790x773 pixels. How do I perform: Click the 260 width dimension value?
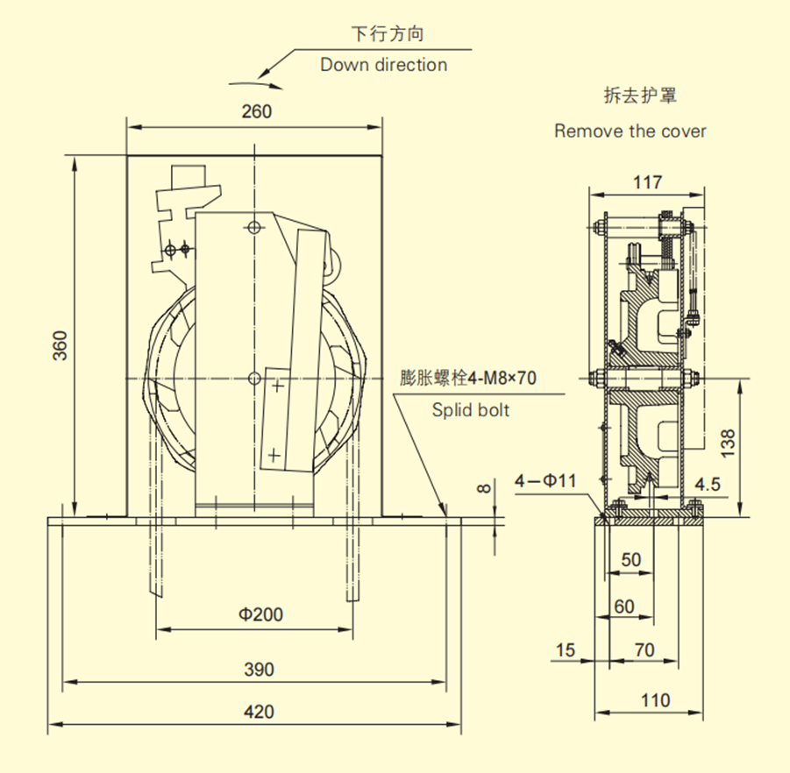(x=255, y=111)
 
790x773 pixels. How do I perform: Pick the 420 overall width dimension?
(x=258, y=712)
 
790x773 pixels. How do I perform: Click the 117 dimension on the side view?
(x=647, y=182)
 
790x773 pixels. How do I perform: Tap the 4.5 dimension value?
(x=707, y=484)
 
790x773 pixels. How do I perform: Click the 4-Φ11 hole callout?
(x=544, y=480)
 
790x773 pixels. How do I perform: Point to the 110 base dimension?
(x=655, y=700)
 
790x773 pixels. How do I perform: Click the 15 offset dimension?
(x=566, y=650)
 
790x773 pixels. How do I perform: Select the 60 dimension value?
(x=623, y=606)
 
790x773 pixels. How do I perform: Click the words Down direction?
(x=383, y=65)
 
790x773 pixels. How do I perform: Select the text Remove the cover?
(x=630, y=131)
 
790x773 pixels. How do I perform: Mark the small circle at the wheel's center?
(x=254, y=378)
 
